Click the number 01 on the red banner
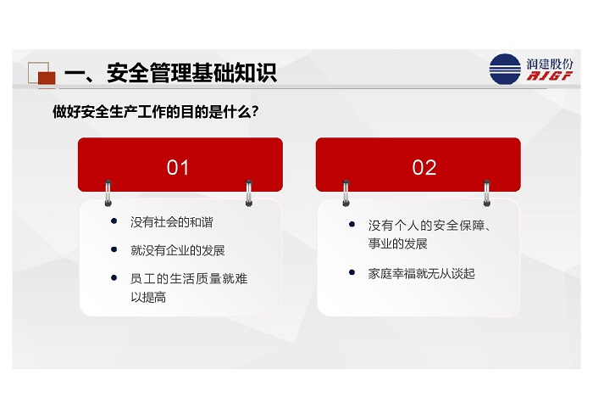177,167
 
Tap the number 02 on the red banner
424,167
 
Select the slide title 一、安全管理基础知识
170,73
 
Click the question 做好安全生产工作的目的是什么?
155,112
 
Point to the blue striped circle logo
505,69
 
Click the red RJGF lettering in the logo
550,76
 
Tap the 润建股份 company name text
550,64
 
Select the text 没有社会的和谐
172,222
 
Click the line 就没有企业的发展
177,250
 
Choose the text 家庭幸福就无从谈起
421,273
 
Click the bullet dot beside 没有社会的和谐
114,221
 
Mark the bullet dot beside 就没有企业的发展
114,249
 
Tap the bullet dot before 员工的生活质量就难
114,277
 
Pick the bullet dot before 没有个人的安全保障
352,225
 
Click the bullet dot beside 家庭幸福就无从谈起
352,272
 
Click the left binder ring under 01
108,193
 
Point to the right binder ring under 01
249,193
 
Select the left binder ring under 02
346,193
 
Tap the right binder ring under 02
487,193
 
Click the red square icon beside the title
47,78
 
